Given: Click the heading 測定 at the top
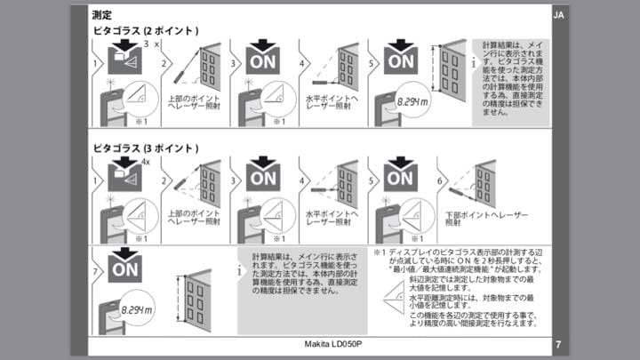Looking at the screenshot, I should (x=100, y=15).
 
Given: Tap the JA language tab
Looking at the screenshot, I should (x=557, y=16).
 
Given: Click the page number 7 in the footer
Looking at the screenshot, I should (x=557, y=344).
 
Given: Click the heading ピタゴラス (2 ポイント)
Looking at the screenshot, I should (x=146, y=31).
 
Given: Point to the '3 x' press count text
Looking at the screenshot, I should (x=151, y=44).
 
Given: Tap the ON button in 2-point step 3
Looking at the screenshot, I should (x=261, y=61).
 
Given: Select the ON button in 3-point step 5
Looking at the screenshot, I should (x=399, y=178).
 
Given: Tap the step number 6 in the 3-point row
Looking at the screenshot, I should (x=440, y=181).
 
